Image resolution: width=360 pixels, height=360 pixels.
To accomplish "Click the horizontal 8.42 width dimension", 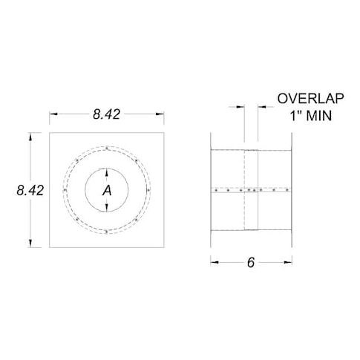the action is [107, 114].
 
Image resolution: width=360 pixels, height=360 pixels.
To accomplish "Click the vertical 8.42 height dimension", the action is [30, 190].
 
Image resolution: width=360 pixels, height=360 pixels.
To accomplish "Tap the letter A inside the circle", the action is [107, 191].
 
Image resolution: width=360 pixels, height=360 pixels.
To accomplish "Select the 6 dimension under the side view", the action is [251, 263].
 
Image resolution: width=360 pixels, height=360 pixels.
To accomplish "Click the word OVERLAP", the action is [310, 99].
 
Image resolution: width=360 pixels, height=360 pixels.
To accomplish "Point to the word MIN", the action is [319, 116].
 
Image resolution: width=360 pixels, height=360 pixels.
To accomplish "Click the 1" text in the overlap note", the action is [296, 116].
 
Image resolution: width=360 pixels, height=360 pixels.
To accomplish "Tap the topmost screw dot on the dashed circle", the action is [107, 148].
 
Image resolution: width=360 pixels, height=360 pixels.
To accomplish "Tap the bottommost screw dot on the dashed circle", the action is [106, 232].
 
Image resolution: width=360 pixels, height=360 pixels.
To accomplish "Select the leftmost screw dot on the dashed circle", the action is [65, 190].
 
